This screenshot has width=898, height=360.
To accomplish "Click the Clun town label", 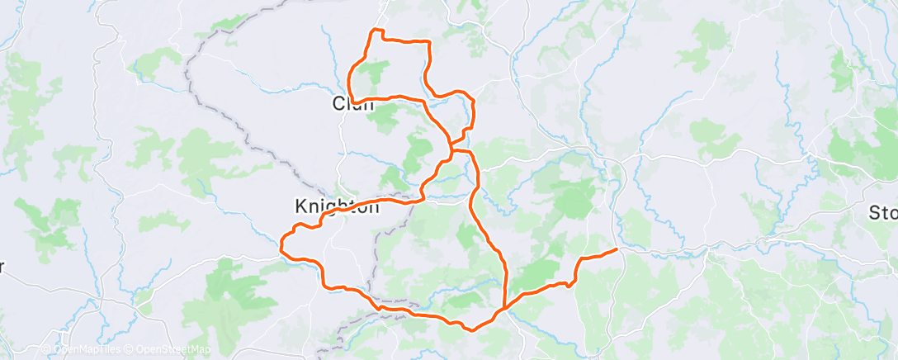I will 353,104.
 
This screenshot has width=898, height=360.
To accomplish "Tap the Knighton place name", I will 338,206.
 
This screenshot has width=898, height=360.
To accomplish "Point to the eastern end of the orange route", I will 617,249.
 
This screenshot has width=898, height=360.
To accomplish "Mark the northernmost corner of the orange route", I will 376,31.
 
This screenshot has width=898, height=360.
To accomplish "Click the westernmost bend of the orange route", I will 282,244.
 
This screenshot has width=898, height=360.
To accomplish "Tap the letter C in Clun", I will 338,104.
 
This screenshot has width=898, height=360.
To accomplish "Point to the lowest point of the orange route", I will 470,329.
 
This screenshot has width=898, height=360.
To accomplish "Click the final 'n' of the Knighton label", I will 373,206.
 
